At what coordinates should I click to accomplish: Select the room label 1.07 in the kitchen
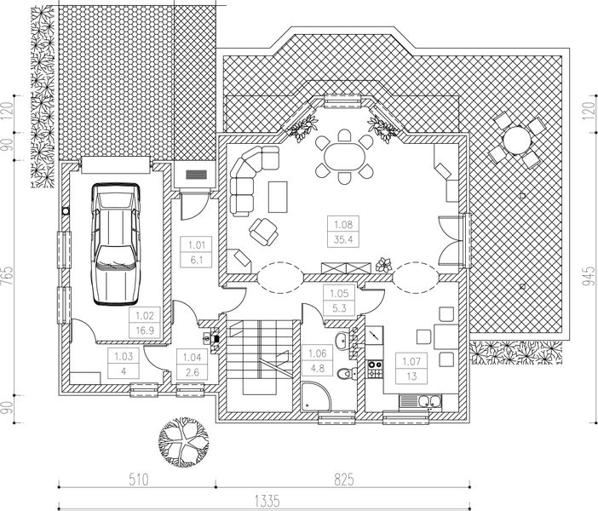point(411,362)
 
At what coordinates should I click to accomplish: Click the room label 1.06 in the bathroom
point(316,353)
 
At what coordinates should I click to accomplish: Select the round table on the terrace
point(515,139)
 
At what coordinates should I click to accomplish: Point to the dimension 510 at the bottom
point(139,479)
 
